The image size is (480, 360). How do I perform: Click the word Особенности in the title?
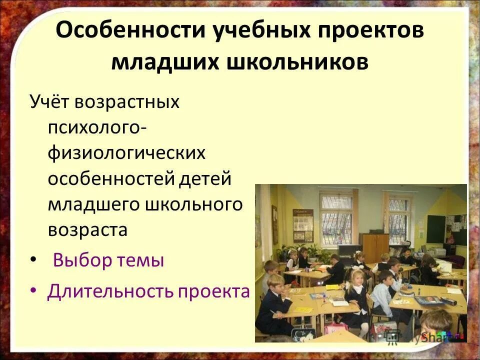131,31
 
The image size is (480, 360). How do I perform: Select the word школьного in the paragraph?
195,204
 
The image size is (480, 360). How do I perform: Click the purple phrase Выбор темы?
108,260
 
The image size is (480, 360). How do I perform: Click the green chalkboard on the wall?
436,228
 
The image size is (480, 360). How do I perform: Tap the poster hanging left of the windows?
303,225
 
